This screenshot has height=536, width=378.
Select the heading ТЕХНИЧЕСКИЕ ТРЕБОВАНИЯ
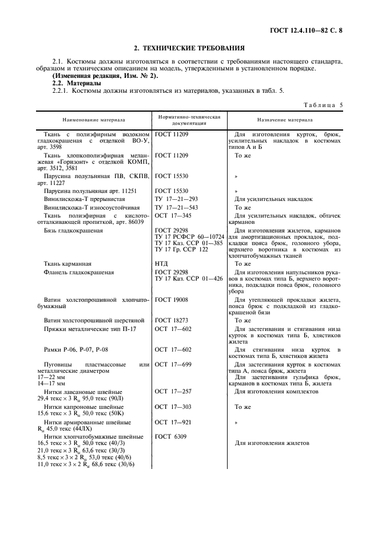click(x=189, y=48)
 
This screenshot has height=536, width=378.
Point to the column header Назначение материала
click(x=285, y=121)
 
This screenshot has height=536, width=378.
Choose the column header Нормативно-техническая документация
click(x=189, y=120)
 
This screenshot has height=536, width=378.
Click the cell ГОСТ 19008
click(x=171, y=299)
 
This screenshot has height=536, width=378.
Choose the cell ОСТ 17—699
click(x=173, y=364)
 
